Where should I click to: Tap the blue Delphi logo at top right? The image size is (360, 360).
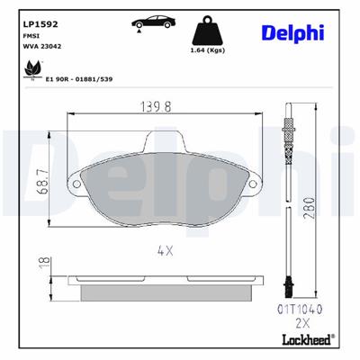pyautogui.click(x=292, y=32)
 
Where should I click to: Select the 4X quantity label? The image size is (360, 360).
pyautogui.click(x=166, y=253)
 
